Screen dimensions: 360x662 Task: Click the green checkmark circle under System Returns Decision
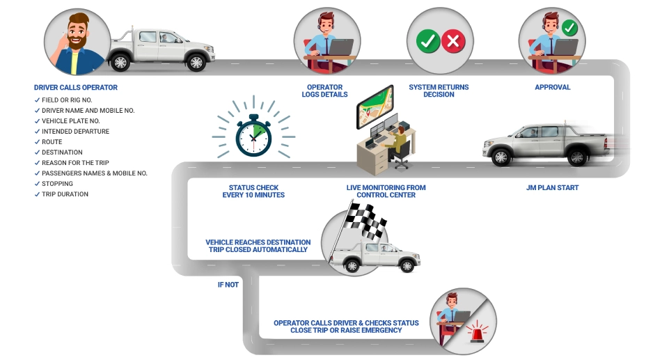click(x=427, y=41)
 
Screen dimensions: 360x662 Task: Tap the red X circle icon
click(x=454, y=41)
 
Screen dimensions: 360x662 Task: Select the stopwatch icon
click(x=253, y=135)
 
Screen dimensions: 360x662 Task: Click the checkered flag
click(x=367, y=219)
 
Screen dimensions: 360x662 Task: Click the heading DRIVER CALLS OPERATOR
click(x=76, y=88)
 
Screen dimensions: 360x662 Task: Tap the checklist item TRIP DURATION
click(x=65, y=194)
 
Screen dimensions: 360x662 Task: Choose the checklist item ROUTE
click(x=53, y=142)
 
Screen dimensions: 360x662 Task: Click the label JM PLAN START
click(x=552, y=188)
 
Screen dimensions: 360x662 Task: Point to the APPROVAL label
click(x=553, y=88)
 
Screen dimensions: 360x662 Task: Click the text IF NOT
click(x=228, y=285)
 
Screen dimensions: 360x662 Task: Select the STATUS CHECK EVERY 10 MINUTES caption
click(x=249, y=191)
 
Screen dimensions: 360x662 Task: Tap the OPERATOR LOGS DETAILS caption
click(x=324, y=91)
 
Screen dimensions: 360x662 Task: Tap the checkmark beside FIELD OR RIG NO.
click(x=37, y=100)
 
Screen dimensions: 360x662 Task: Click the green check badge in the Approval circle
click(x=569, y=28)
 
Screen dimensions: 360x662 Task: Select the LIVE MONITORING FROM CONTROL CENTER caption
click(x=386, y=191)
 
